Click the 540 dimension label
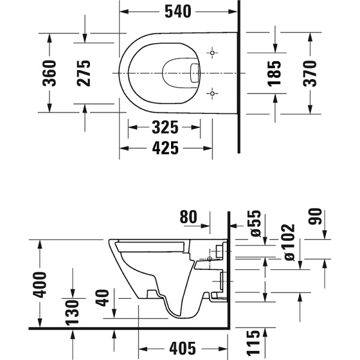pyautogui.click(x=178, y=12)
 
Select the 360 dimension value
pyautogui.click(x=50, y=73)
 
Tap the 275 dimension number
pyautogui.click(x=83, y=73)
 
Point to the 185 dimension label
pyautogui.click(x=275, y=73)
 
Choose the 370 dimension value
pyautogui.click(x=310, y=73)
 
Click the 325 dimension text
pyautogui.click(x=165, y=127)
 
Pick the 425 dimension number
pyautogui.click(x=166, y=148)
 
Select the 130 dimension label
pyautogui.click(x=73, y=313)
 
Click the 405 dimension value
pyautogui.click(x=182, y=348)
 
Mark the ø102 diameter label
pyautogui.click(x=289, y=242)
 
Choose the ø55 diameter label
pyautogui.click(x=256, y=223)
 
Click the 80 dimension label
pyautogui.click(x=188, y=217)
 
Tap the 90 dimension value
pyautogui.click(x=315, y=216)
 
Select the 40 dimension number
pyautogui.click(x=103, y=298)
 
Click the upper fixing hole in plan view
pyautogui.click(x=212, y=53)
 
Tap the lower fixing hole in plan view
pyautogui.click(x=212, y=94)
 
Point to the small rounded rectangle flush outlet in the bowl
pyautogui.click(x=195, y=73)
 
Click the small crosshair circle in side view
pyautogui.click(x=209, y=259)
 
